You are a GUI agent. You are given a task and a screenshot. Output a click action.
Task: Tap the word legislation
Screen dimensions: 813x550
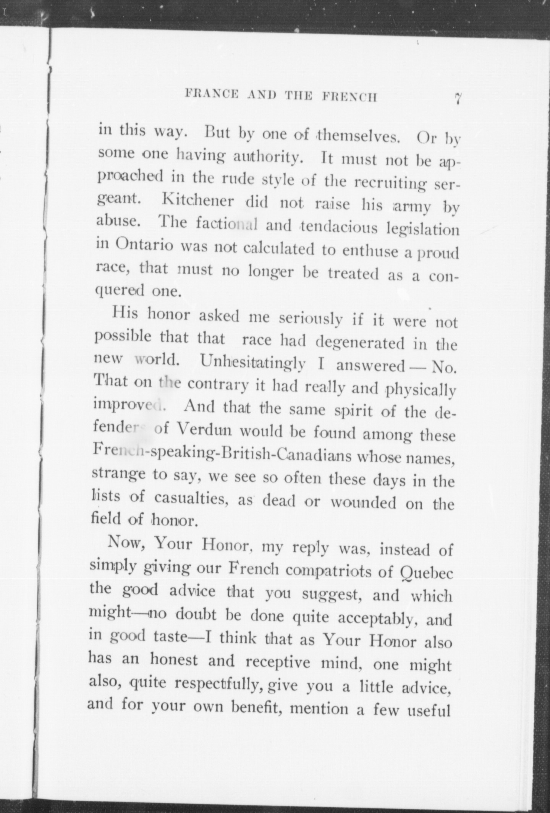[x=422, y=230]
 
